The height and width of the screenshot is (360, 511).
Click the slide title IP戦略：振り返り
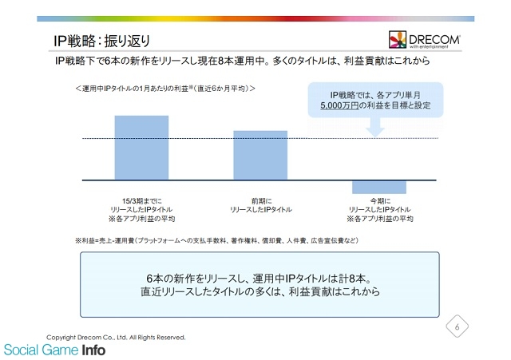pyautogui.click(x=101, y=41)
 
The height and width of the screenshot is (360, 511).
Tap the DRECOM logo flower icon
pyautogui.click(x=398, y=39)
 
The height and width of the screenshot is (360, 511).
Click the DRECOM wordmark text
pyautogui.click(x=434, y=40)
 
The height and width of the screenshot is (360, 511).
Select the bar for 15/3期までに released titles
pyautogui.click(x=141, y=147)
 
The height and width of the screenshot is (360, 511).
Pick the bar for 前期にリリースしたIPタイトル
pyautogui.click(x=260, y=155)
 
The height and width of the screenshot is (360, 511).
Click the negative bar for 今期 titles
pyautogui.click(x=379, y=187)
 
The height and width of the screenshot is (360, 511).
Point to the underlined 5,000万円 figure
pyautogui.click(x=339, y=105)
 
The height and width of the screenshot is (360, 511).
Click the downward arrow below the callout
pyautogui.click(x=375, y=127)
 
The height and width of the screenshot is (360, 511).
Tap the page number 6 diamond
pyautogui.click(x=458, y=326)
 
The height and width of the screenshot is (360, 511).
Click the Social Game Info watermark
pyautogui.click(x=55, y=350)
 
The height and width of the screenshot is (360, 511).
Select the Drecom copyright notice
pyautogui.click(x=116, y=337)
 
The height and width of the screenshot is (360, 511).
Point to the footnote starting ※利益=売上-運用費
pyautogui.click(x=216, y=240)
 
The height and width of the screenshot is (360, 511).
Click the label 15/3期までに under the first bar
pyautogui.click(x=142, y=201)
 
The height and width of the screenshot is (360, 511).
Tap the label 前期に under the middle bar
pyautogui.click(x=261, y=201)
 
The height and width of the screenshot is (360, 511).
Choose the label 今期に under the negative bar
pyautogui.click(x=380, y=201)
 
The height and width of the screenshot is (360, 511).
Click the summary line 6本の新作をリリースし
pyautogui.click(x=259, y=279)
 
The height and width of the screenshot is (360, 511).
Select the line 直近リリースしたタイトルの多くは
pyautogui.click(x=260, y=291)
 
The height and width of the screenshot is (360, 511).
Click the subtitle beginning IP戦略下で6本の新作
pyautogui.click(x=243, y=61)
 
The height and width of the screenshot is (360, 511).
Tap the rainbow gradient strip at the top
pyautogui.click(x=255, y=19)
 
